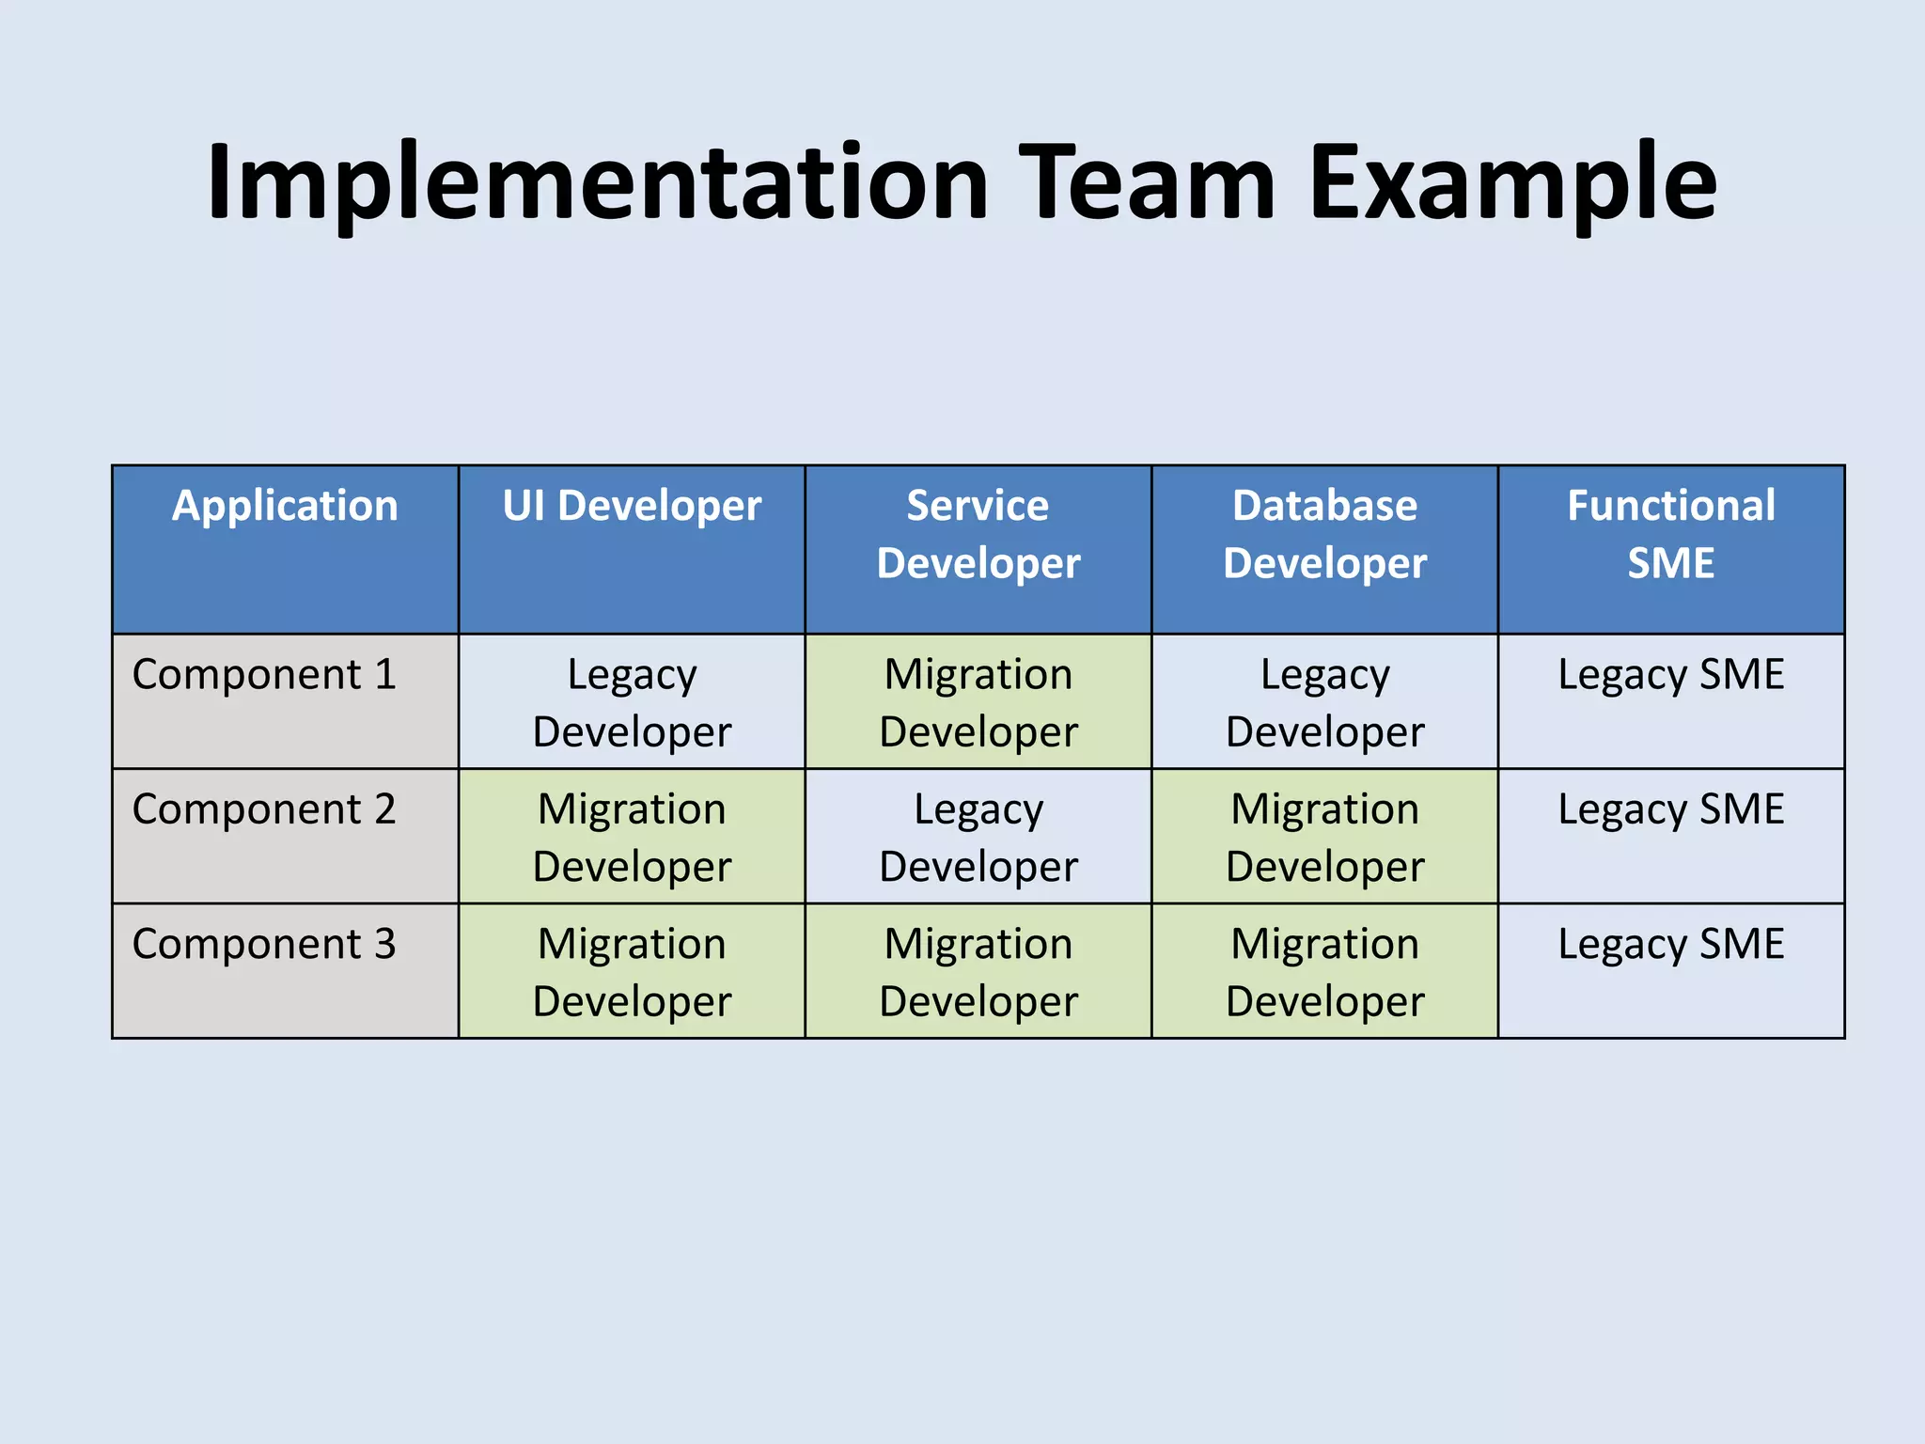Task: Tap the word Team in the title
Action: pos(1147,183)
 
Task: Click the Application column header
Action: pos(285,506)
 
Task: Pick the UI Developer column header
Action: pos(632,506)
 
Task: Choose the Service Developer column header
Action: pos(978,534)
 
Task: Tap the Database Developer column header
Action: pos(1324,534)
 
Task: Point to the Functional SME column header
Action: pos(1670,534)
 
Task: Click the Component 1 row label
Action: pos(264,675)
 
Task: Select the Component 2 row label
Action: pos(264,809)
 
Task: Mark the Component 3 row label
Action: pos(264,944)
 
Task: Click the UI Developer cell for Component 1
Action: pos(632,702)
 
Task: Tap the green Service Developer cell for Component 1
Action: pos(978,702)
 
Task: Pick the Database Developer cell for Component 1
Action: pos(1324,702)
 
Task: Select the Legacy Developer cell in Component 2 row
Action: pos(978,837)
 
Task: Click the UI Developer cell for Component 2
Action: pos(632,837)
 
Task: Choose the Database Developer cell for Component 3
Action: pos(1324,971)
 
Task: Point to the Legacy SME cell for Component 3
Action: pos(1670,944)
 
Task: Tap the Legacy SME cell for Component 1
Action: pos(1670,675)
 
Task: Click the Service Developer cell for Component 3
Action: pos(978,971)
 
